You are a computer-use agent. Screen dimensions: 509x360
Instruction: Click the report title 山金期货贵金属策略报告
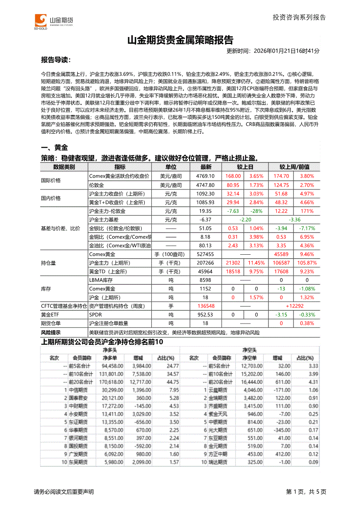click(180, 40)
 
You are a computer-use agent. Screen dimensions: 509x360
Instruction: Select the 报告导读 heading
click(55, 60)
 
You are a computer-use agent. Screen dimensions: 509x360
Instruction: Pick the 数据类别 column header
click(64, 167)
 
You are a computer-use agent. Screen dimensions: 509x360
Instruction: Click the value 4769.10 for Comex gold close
click(206, 176)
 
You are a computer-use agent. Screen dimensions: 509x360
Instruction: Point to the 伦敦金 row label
click(96, 185)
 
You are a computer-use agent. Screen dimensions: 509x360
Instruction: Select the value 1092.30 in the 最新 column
click(206, 194)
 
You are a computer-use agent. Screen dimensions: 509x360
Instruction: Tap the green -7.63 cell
click(233, 211)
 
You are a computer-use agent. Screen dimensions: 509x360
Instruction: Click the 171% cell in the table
click(307, 211)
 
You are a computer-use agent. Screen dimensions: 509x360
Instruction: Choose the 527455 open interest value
click(206, 254)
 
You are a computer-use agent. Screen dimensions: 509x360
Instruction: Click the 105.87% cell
click(307, 263)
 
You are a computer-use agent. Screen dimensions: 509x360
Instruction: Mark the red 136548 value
click(206, 306)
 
